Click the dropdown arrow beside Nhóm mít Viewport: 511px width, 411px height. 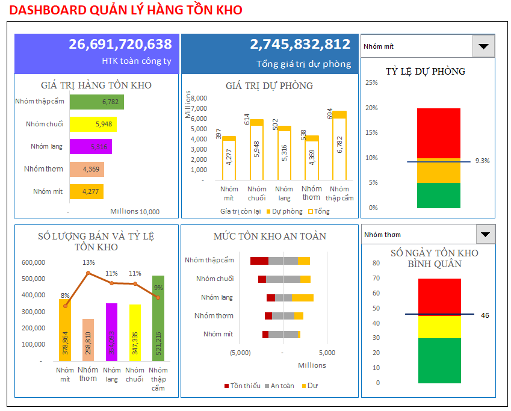click(483, 46)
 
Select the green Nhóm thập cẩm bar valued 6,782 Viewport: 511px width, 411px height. click(97, 102)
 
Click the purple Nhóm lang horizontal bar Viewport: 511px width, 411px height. click(90, 146)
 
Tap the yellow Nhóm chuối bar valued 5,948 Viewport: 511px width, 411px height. click(93, 125)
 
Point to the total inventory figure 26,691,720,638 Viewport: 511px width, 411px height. click(120, 45)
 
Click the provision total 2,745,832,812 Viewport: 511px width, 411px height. click(300, 45)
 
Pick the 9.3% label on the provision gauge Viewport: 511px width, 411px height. click(482, 161)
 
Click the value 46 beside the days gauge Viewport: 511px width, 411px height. click(485, 315)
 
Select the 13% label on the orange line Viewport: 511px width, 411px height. click(88, 262)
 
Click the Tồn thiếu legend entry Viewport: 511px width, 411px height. click(242, 386)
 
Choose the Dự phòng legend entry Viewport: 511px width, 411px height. click(284, 211)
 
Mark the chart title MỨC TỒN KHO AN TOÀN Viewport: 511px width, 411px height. click(270, 236)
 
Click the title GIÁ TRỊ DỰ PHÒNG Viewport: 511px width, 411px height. click(269, 86)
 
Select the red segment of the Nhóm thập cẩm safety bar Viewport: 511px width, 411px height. click(259, 261)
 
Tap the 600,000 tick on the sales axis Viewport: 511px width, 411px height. click(33, 262)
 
